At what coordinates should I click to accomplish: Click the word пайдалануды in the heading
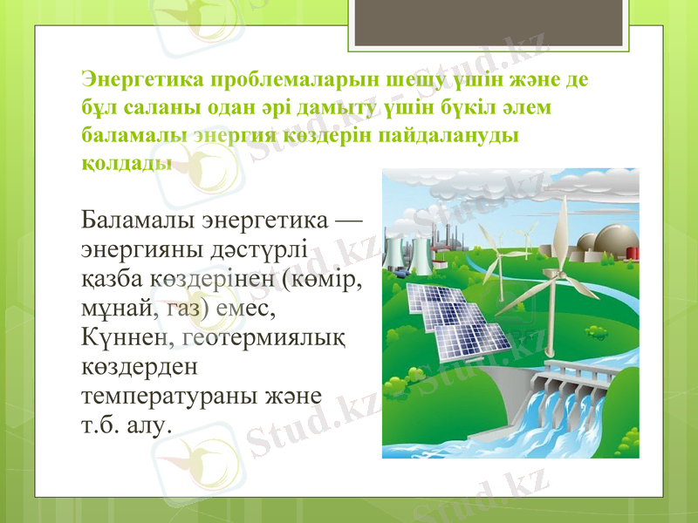454,135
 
